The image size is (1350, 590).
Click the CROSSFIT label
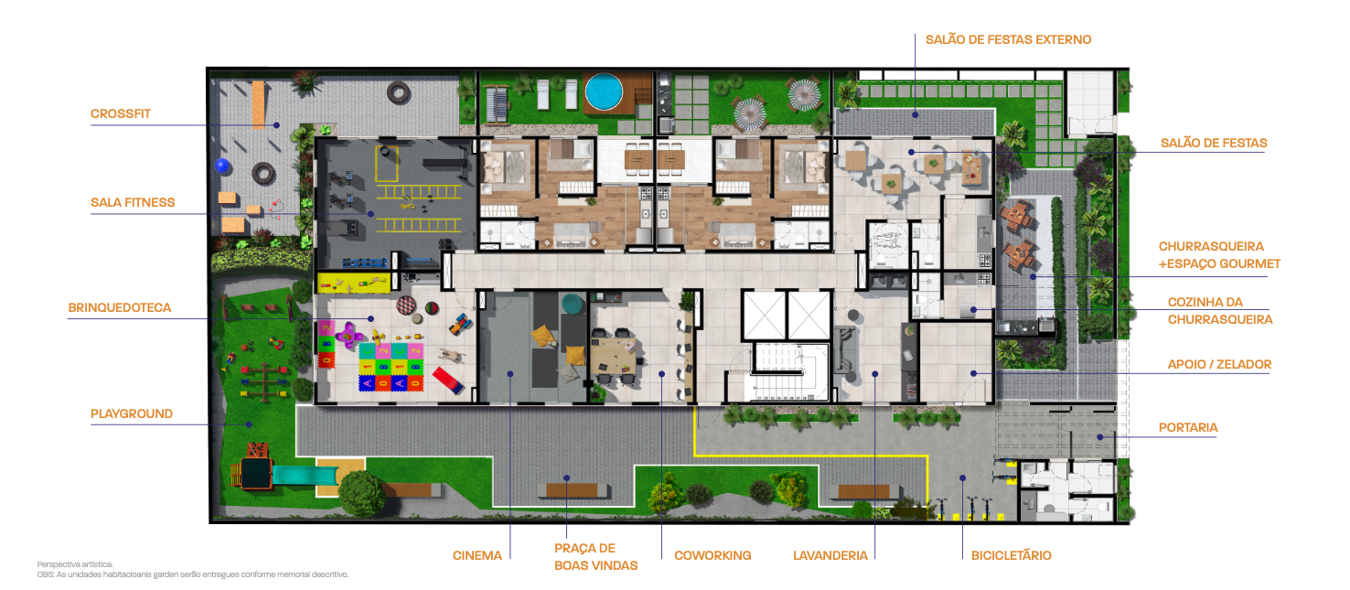[x=121, y=114]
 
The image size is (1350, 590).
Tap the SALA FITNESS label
[x=133, y=202]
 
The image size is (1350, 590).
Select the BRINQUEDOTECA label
[x=119, y=308]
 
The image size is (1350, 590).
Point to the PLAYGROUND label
[x=132, y=414]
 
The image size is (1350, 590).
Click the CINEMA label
[x=477, y=555]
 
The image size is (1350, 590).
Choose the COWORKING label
[x=712, y=555]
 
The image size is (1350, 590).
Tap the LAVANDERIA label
[x=830, y=555]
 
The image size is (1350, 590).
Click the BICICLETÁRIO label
[x=1011, y=555]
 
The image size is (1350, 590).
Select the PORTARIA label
[x=1188, y=428]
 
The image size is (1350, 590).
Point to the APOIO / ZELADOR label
[x=1219, y=365]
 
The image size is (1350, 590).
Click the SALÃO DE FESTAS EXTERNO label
[x=1008, y=39]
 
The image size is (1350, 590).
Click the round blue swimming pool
[x=604, y=91]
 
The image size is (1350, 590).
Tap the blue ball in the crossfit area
[x=222, y=166]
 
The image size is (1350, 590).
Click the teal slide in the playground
[x=305, y=475]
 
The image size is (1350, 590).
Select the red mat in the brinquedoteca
[x=448, y=381]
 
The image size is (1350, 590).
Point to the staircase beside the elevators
[x=782, y=372]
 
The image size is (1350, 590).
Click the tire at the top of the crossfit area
[x=399, y=92]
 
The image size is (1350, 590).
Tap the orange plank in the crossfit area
[x=259, y=104]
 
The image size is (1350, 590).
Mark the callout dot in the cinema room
[x=510, y=374]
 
